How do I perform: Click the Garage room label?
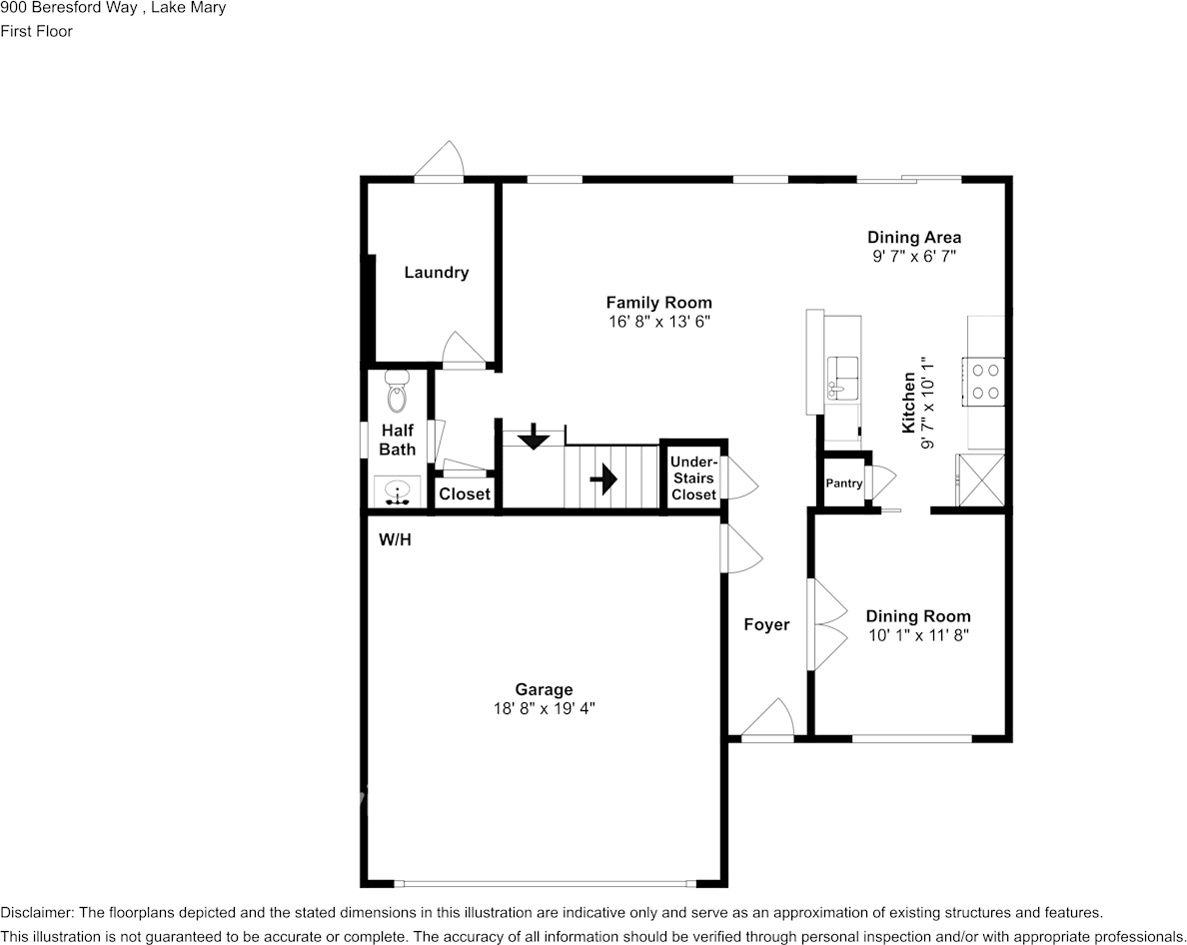(x=544, y=689)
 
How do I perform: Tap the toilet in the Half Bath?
(x=397, y=393)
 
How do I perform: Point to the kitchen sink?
(x=842, y=378)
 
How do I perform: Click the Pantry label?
(x=843, y=483)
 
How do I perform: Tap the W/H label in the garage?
(x=395, y=540)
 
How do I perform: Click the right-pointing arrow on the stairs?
(x=602, y=480)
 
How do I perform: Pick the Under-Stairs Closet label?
(x=693, y=478)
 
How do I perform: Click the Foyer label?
(x=766, y=625)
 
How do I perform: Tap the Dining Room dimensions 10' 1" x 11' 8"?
(x=917, y=634)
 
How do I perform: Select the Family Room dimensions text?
(x=658, y=321)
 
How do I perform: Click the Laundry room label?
(x=436, y=273)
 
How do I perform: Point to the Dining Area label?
(x=914, y=238)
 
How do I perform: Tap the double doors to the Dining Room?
(x=825, y=625)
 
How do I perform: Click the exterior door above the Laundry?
(x=441, y=164)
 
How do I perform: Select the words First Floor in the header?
(x=37, y=31)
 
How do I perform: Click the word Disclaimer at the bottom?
(x=35, y=912)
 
